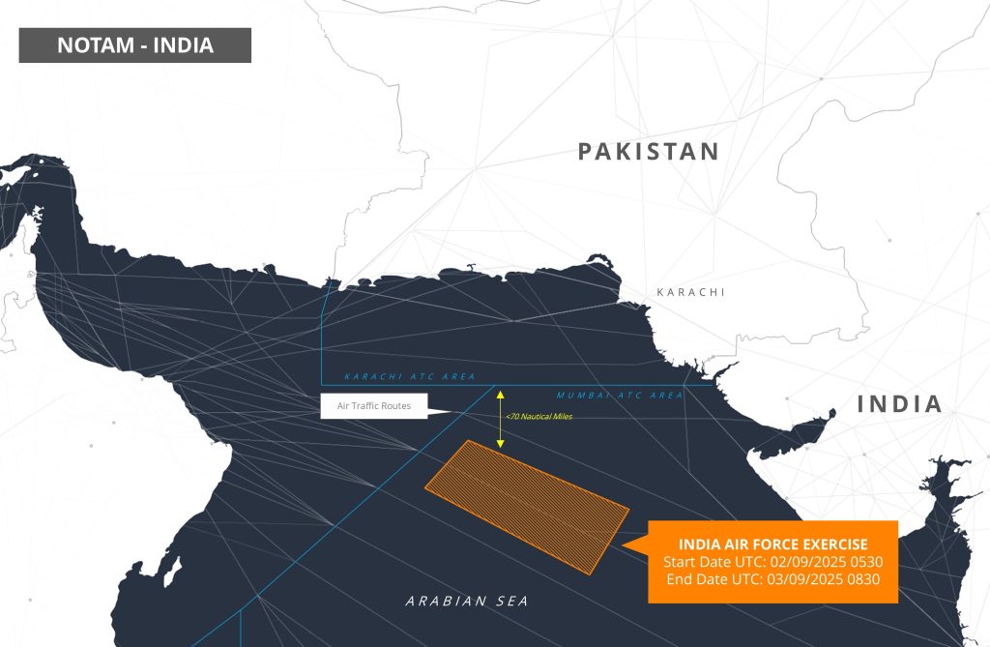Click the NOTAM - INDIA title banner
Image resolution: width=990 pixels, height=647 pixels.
pyautogui.click(x=134, y=45)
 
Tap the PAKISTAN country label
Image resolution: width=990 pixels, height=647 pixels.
pyautogui.click(x=649, y=152)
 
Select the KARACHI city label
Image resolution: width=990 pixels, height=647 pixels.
pyautogui.click(x=690, y=292)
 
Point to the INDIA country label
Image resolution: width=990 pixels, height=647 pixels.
pyautogui.click(x=899, y=404)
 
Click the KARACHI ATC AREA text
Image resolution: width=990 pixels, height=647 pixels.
pyautogui.click(x=395, y=376)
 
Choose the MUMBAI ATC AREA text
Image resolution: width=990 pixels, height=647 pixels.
pyautogui.click(x=619, y=396)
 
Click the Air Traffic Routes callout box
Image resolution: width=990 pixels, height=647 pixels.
pyautogui.click(x=373, y=406)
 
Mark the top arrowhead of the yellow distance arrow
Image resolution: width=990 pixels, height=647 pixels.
pyautogui.click(x=501, y=393)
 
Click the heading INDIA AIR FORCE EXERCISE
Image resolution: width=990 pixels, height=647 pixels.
pyautogui.click(x=772, y=544)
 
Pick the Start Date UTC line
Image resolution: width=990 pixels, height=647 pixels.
pyautogui.click(x=772, y=562)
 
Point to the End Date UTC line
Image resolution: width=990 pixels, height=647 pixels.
pyautogui.click(x=772, y=579)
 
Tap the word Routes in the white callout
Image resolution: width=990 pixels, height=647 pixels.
pyautogui.click(x=393, y=406)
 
